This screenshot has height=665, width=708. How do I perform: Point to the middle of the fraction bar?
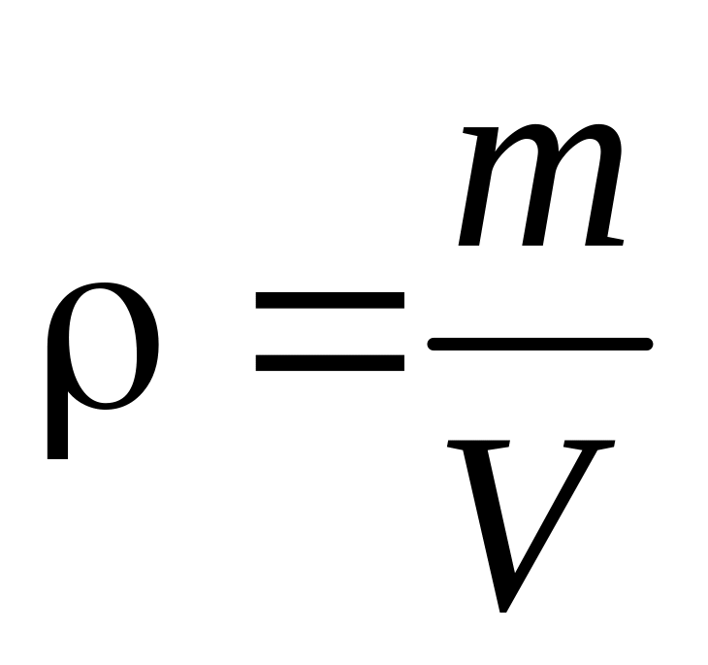pos(539,343)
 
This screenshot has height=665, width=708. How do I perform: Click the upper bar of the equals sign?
pos(330,300)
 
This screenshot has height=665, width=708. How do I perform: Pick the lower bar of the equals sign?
pos(330,362)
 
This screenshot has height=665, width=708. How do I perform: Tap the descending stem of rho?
pos(57,427)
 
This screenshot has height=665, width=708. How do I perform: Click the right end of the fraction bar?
pos(646,343)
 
